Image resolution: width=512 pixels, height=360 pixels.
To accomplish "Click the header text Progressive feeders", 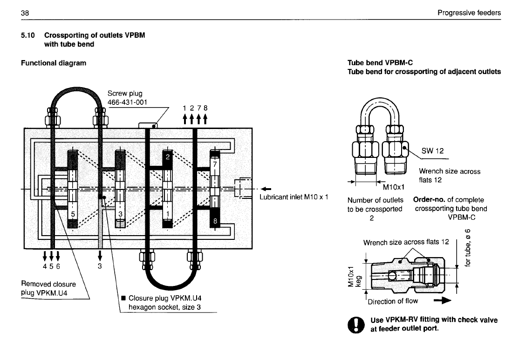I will point(469,13).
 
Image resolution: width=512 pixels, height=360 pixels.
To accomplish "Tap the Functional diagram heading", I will point(54,62).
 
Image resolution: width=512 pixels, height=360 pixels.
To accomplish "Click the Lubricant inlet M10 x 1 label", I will point(294,197).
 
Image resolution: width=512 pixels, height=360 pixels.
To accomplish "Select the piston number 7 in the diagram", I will point(215,164).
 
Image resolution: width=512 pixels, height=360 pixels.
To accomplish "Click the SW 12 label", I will point(433,150).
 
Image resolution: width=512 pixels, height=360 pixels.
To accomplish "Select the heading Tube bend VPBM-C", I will point(381,63).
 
